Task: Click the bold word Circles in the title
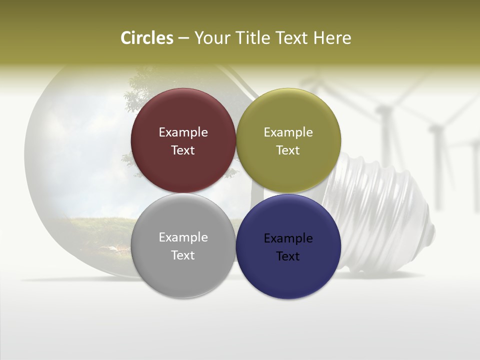point(147,38)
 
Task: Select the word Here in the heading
point(332,38)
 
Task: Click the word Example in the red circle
point(183,132)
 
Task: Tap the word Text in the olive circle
point(288,150)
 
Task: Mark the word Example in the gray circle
point(183,237)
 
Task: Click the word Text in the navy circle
point(288,256)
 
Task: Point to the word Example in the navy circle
point(288,238)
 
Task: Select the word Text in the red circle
point(183,150)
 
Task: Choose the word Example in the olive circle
point(288,132)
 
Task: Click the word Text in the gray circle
point(183,255)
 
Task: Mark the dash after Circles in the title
point(183,38)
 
